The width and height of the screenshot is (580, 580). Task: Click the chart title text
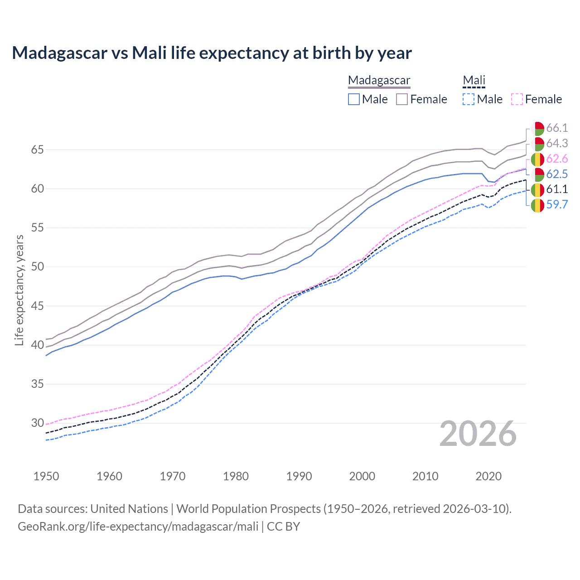(x=212, y=53)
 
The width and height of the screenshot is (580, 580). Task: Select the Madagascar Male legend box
(x=354, y=99)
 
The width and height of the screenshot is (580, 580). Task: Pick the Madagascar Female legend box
(x=402, y=99)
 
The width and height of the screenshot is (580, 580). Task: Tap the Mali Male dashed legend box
(x=469, y=99)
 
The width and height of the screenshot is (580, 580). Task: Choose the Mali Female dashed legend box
(x=517, y=99)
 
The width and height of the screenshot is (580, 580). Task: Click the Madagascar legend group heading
(x=379, y=80)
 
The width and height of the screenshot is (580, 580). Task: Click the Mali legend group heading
(x=474, y=80)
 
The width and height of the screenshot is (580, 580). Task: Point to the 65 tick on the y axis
(x=37, y=150)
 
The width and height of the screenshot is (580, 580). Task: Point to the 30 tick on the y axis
(x=37, y=423)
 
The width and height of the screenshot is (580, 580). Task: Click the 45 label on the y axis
(x=37, y=306)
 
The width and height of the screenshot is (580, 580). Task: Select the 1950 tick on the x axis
(x=46, y=476)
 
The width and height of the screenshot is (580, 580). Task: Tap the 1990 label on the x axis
(x=299, y=476)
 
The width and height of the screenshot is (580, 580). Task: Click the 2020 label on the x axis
(x=488, y=476)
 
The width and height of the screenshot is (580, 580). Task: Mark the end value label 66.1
(x=557, y=128)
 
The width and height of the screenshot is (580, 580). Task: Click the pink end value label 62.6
(x=557, y=159)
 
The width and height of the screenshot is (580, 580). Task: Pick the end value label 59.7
(x=557, y=205)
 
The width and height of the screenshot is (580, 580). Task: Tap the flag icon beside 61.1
(x=537, y=189)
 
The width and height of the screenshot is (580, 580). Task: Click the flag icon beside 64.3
(x=537, y=144)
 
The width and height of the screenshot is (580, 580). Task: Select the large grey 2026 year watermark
(x=478, y=434)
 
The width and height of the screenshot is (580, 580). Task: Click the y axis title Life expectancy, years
(x=19, y=290)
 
